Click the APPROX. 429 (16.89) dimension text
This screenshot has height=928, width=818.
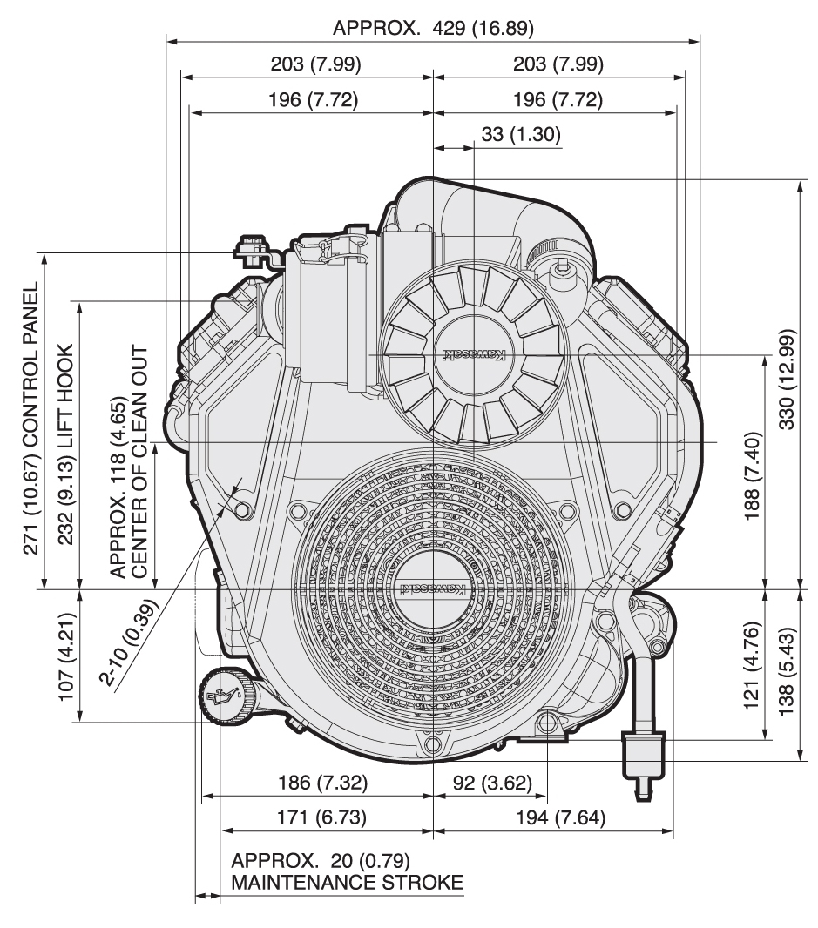[433, 28]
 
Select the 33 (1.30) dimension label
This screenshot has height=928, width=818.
[520, 134]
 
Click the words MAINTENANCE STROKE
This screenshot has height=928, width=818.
[347, 883]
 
